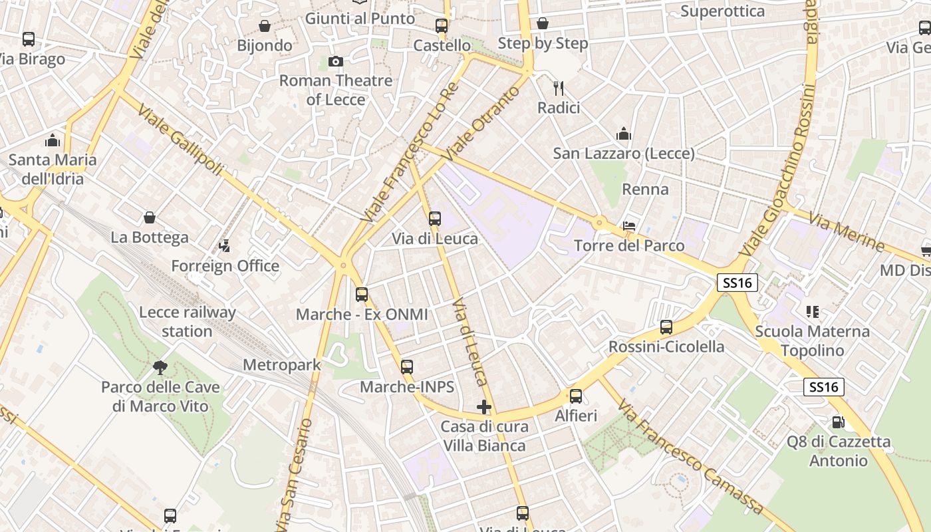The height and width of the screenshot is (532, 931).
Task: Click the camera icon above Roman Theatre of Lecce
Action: pos(336,62)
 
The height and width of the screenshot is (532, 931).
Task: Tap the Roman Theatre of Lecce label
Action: pos(336,90)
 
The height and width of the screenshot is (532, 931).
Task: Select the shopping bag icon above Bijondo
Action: pos(265,26)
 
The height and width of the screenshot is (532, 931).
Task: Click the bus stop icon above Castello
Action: pos(442,26)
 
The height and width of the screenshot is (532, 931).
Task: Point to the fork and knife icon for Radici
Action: pos(559,88)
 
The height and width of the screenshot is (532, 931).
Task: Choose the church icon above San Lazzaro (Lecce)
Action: pos(623,134)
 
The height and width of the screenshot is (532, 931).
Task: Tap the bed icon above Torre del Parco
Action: pos(629,226)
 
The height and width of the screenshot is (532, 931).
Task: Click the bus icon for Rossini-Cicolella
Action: pos(666,327)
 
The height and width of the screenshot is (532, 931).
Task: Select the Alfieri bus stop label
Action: pos(576,416)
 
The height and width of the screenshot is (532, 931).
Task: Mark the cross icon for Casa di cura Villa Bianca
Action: pos(484,407)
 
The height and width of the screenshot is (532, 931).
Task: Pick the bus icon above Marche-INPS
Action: pos(407,367)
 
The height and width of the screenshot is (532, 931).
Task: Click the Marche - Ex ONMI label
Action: pos(362,314)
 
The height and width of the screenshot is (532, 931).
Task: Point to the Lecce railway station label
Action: pos(187,321)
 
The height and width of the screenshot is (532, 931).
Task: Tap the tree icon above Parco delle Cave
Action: pos(160,367)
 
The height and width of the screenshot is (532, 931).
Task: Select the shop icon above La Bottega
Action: pos(150,217)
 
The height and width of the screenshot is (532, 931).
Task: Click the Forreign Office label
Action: pos(225,266)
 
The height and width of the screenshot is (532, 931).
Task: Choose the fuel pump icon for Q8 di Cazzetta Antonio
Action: pos(838,422)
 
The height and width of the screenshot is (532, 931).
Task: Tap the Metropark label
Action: pos(281,364)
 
